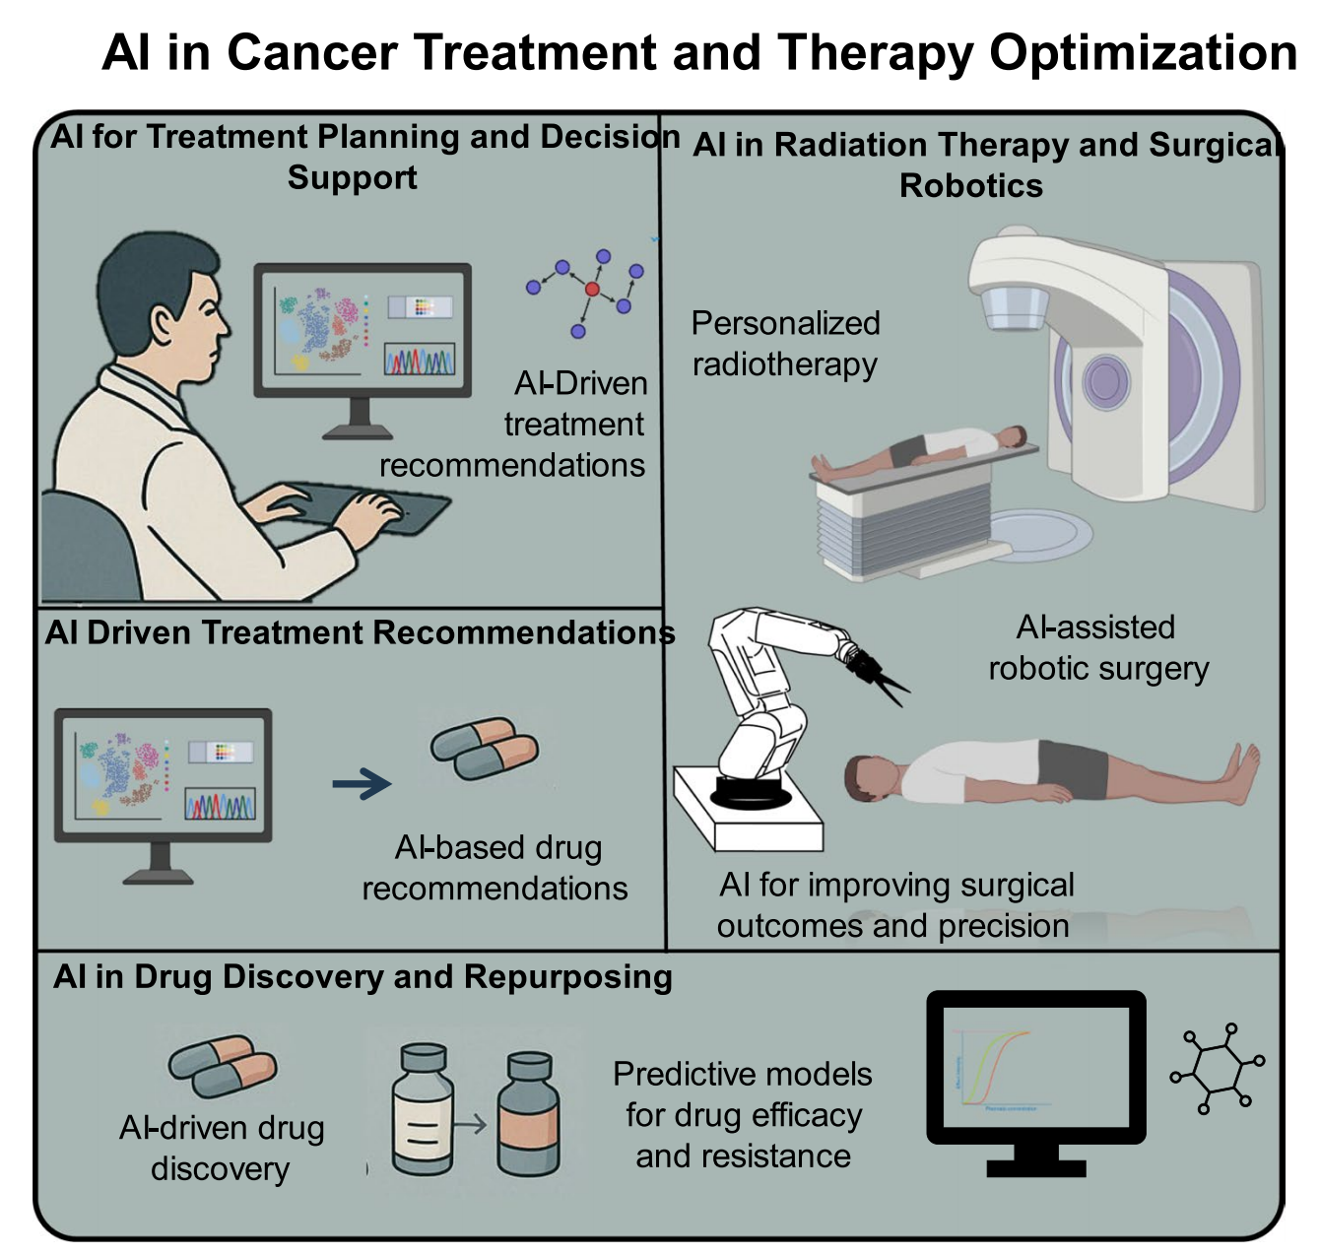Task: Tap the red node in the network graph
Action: (592, 289)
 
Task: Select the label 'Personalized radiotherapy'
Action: (785, 344)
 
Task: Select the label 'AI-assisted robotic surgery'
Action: (1097, 647)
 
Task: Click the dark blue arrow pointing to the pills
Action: (362, 784)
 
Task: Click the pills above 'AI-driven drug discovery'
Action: (223, 1066)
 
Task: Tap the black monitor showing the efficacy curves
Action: (1036, 1079)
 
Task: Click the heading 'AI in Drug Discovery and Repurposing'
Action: (363, 976)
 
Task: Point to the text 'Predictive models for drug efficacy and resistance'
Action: (743, 1114)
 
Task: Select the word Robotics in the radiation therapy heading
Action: (970, 185)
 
